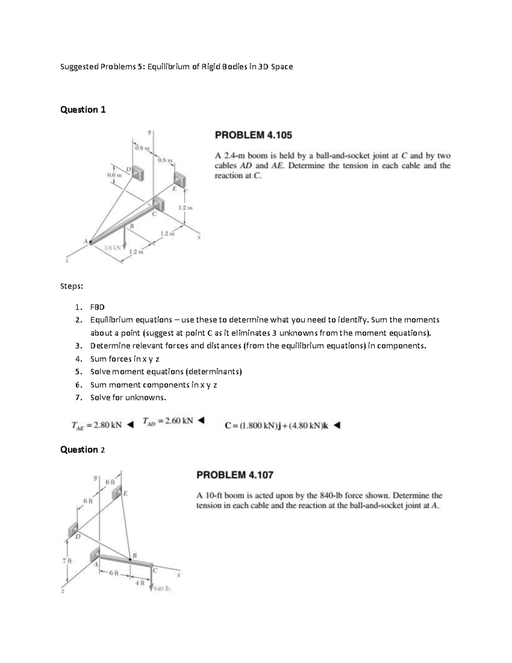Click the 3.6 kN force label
pyautogui.click(x=112, y=247)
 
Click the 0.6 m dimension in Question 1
pyautogui.click(x=114, y=175)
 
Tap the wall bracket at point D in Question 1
pyautogui.click(x=138, y=173)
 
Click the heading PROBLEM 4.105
pyautogui.click(x=253, y=135)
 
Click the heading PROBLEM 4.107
pyautogui.click(x=235, y=475)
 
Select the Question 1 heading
pyautogui.click(x=83, y=110)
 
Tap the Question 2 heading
pyautogui.click(x=83, y=450)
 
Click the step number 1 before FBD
pyautogui.click(x=77, y=307)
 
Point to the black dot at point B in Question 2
pyautogui.click(x=130, y=559)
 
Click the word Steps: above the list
pyautogui.click(x=72, y=286)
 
